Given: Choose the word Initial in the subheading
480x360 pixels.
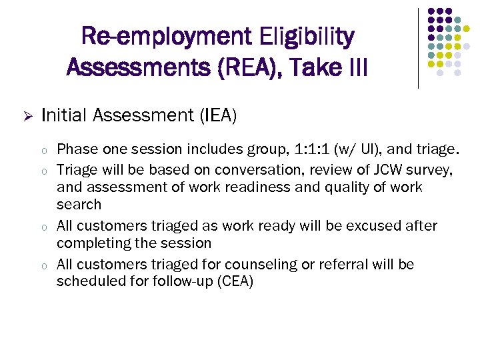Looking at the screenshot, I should pos(65,116).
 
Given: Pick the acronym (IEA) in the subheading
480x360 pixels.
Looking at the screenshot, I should pos(217,116).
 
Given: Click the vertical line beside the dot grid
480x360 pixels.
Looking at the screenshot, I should pos(418,48).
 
